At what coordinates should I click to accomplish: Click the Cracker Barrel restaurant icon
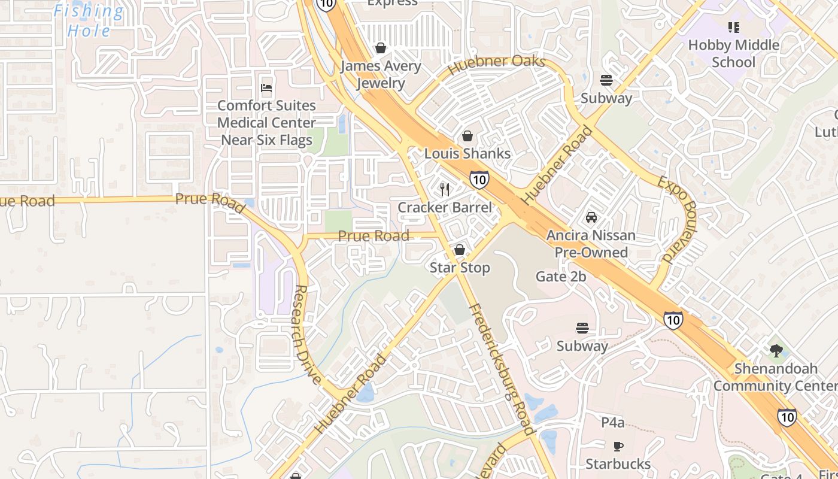coord(444,190)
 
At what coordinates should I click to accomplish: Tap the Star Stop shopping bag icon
coord(460,250)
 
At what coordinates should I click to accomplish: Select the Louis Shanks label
coord(467,153)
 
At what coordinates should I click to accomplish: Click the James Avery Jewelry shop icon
coord(381,48)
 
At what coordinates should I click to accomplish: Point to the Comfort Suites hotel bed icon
coord(267,88)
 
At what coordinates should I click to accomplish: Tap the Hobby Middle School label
coord(733,53)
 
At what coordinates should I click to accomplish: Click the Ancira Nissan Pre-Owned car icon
coord(591,217)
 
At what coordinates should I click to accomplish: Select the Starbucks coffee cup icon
coord(618,446)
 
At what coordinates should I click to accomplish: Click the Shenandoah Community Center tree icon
coord(776,351)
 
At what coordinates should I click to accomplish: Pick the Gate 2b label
coord(561,277)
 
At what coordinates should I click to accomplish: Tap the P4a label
coord(613,423)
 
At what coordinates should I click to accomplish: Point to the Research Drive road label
coord(307,333)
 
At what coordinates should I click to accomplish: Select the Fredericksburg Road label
coord(500,369)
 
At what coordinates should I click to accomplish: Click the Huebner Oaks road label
coord(496,64)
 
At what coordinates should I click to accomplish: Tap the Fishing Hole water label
coord(89,21)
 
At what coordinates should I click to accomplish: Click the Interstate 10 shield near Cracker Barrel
coord(479,178)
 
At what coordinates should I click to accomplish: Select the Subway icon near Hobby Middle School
coord(606,80)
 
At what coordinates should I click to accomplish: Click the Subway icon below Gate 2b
coord(582,328)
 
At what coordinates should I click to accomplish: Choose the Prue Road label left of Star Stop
coord(374,236)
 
